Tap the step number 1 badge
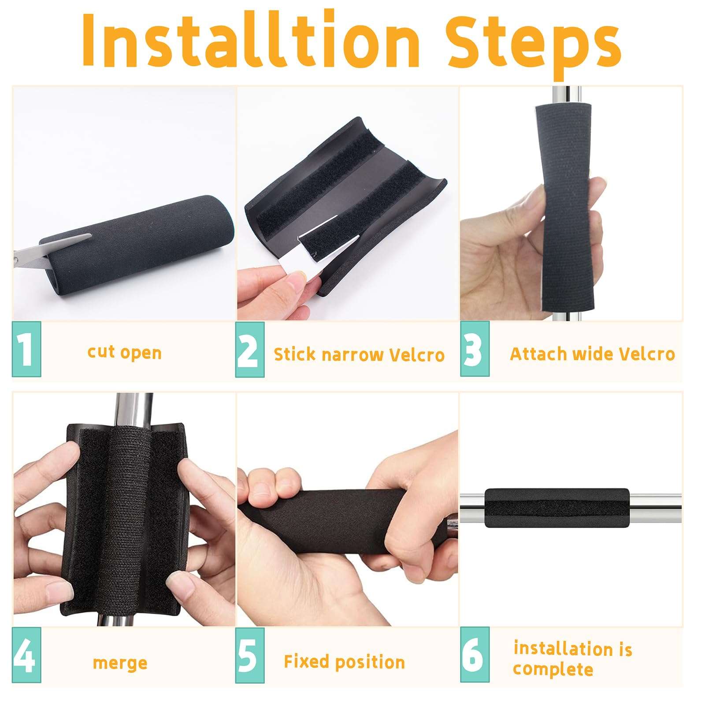click(26, 349)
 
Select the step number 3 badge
click(475, 349)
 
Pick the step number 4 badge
click(26, 655)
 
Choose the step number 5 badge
click(249, 655)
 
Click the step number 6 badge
click(475, 655)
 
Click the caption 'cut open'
click(124, 352)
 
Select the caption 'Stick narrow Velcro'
click(359, 355)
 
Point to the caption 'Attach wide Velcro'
click(592, 354)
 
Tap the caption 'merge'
click(120, 663)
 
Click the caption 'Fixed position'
click(344, 662)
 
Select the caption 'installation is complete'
click(572, 659)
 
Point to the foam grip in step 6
click(557, 508)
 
